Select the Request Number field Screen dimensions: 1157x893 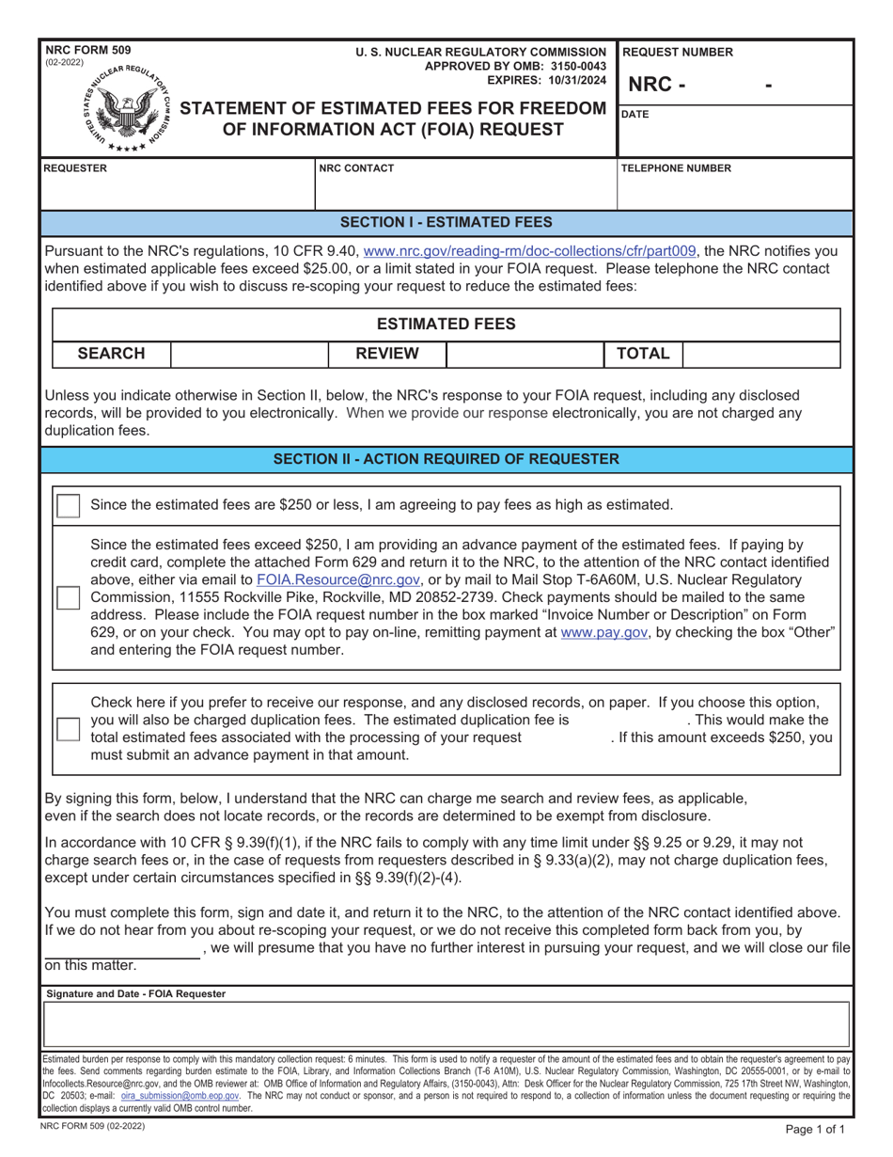coord(734,85)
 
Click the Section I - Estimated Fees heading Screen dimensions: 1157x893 coord(446,223)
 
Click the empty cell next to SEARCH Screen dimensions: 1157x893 coord(249,354)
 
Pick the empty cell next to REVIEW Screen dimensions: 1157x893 coord(523,354)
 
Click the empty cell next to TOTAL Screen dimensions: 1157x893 coord(760,354)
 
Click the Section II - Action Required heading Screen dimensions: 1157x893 coord(446,459)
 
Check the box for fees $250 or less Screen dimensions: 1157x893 coord(69,505)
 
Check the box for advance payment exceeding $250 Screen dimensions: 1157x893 coord(69,597)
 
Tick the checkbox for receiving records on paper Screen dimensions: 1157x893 coord(69,729)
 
